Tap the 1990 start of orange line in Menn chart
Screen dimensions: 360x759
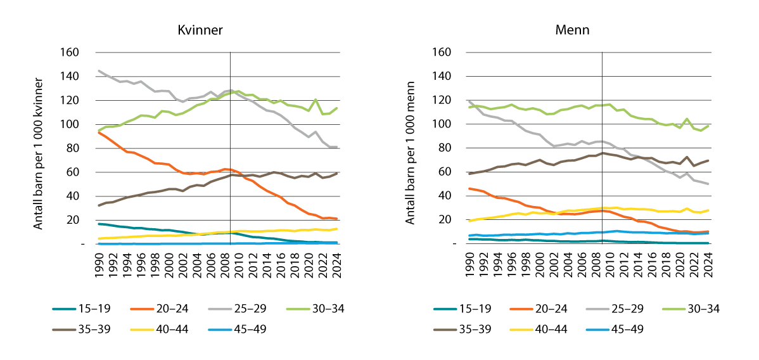(x=469, y=188)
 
